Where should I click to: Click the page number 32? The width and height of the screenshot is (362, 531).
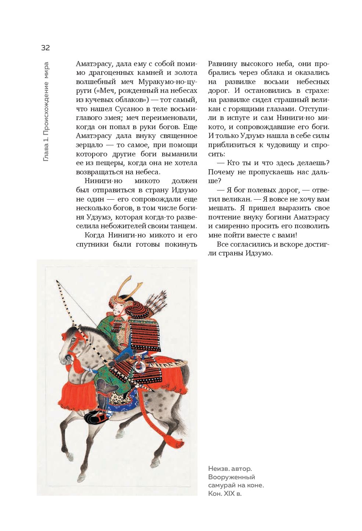coord(45,48)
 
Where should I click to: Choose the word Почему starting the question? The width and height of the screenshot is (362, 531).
coord(221,172)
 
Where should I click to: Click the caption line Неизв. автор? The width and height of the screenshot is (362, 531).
coord(230,469)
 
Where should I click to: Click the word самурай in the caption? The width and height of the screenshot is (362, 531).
coord(222,485)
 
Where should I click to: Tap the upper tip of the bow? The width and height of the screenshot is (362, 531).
coord(57,281)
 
